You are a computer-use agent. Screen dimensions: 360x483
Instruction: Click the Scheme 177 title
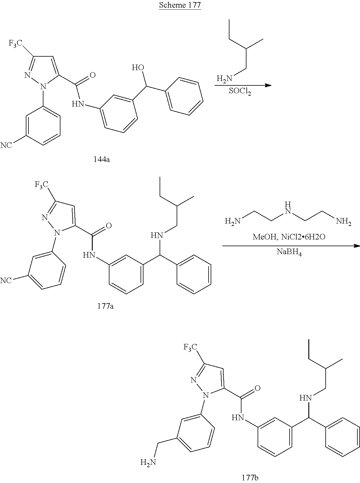pos(180,5)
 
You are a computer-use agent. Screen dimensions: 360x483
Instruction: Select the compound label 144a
pos(102,160)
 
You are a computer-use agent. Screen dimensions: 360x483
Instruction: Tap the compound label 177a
pos(105,306)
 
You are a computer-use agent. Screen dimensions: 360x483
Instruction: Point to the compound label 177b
pos(250,477)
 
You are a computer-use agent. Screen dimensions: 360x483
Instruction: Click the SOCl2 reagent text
pos(240,92)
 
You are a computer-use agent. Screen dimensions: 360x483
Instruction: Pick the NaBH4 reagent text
pos(289,253)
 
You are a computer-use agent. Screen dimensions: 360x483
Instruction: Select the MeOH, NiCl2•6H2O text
pos(289,237)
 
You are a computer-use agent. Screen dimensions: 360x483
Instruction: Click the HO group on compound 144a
pos(138,67)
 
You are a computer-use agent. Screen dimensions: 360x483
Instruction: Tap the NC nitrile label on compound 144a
pos(6,145)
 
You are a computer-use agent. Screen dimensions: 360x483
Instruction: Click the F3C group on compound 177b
pos(190,347)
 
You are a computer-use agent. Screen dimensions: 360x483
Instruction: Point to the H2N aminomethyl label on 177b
pos(148,463)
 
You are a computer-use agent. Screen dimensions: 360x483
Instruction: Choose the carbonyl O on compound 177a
pos(109,226)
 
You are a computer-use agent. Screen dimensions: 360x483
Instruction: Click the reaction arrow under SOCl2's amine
pos(243,85)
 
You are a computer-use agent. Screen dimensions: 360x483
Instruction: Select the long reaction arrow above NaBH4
pos(290,245)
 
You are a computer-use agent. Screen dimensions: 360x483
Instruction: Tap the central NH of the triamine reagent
pos(289,207)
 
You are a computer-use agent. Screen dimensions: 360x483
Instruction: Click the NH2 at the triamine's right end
pos(344,221)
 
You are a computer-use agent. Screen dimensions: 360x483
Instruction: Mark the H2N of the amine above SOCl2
pos(224,78)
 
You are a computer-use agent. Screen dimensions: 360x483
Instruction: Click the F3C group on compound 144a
pos(16,44)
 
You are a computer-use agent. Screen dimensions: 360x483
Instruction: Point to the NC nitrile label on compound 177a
pos(6,281)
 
